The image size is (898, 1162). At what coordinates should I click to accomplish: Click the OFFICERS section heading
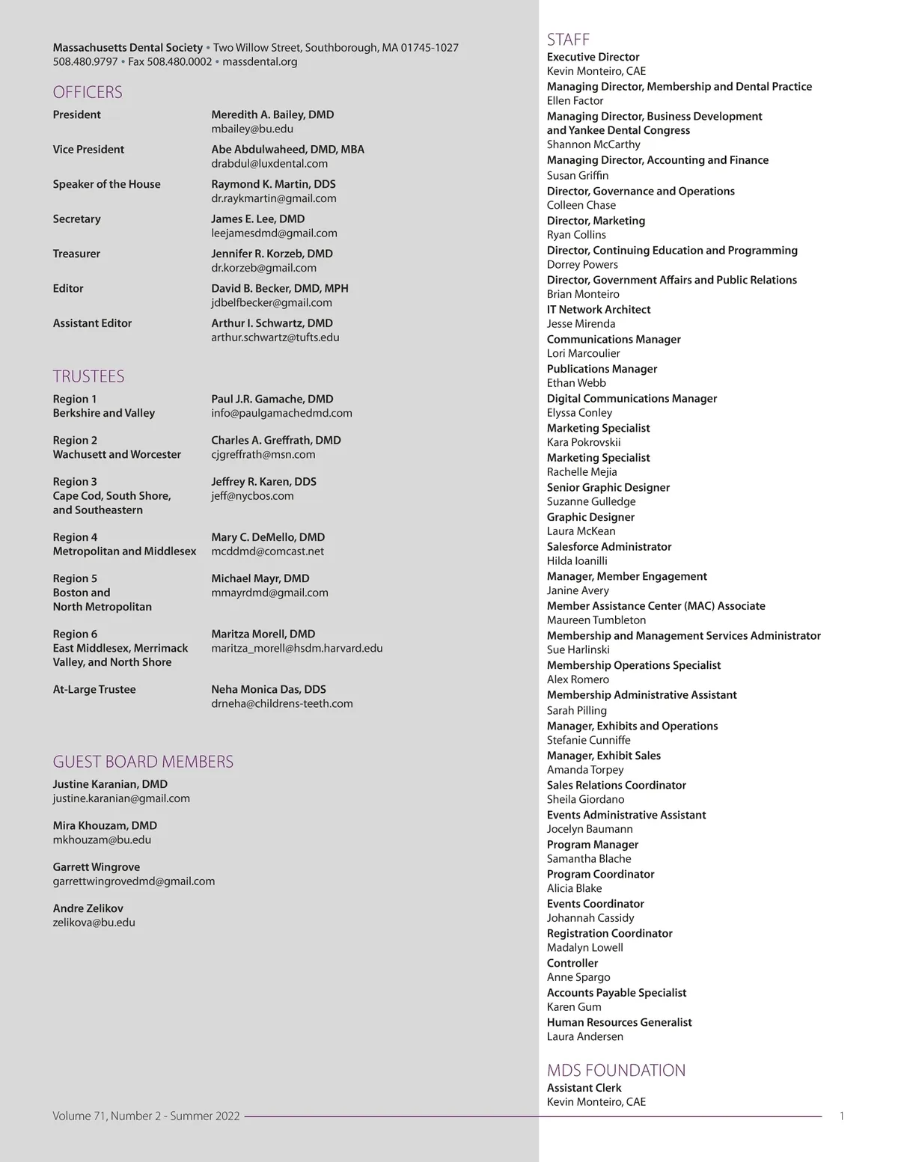click(88, 92)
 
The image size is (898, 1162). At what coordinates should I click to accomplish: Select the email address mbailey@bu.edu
click(252, 129)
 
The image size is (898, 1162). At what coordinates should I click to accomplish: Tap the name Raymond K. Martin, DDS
click(273, 184)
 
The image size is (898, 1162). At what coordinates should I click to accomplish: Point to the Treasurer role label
click(76, 254)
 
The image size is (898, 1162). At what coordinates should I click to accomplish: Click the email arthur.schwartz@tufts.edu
click(275, 337)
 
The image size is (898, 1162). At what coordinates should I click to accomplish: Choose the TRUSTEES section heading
click(88, 376)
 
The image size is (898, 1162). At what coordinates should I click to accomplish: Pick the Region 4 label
click(75, 537)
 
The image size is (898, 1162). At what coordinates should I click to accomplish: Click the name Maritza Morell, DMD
click(263, 634)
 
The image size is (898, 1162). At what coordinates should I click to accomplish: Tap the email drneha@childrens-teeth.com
click(281, 703)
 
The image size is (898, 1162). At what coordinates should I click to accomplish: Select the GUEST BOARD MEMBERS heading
click(143, 762)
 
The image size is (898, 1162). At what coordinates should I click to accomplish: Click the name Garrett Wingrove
click(96, 866)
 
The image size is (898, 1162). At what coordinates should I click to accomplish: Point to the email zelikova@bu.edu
click(94, 923)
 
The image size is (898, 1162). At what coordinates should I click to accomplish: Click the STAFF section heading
click(568, 40)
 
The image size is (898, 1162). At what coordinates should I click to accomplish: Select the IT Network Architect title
click(598, 310)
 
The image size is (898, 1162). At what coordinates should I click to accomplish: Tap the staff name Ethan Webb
click(576, 383)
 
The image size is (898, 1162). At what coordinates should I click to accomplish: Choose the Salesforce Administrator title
click(608, 547)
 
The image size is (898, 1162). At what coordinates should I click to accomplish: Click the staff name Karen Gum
click(573, 1007)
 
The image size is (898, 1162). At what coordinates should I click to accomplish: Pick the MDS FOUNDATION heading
click(616, 1070)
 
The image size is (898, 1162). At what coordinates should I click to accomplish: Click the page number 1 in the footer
click(842, 1116)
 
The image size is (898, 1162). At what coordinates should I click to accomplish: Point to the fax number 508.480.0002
click(180, 61)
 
